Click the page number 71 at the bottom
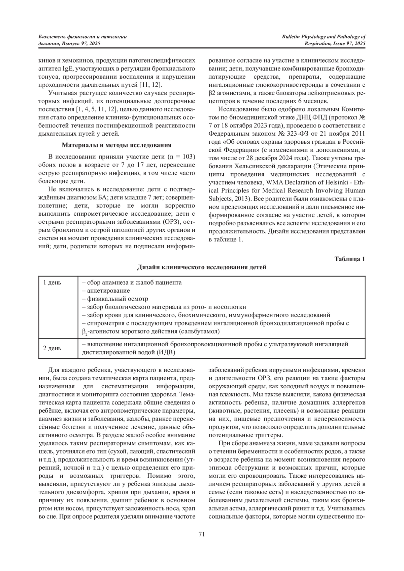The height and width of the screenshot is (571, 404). click(202, 534)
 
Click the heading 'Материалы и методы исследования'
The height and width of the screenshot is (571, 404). click(117, 145)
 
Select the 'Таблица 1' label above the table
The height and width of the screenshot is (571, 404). click(350, 259)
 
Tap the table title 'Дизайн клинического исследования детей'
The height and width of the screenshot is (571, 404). click(202, 267)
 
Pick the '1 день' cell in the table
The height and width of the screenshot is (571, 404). click(52, 282)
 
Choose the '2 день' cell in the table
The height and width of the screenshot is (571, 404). click(52, 348)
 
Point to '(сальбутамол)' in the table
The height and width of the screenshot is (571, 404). click(199, 331)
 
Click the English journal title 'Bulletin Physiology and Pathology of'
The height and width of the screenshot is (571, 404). click(324, 37)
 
